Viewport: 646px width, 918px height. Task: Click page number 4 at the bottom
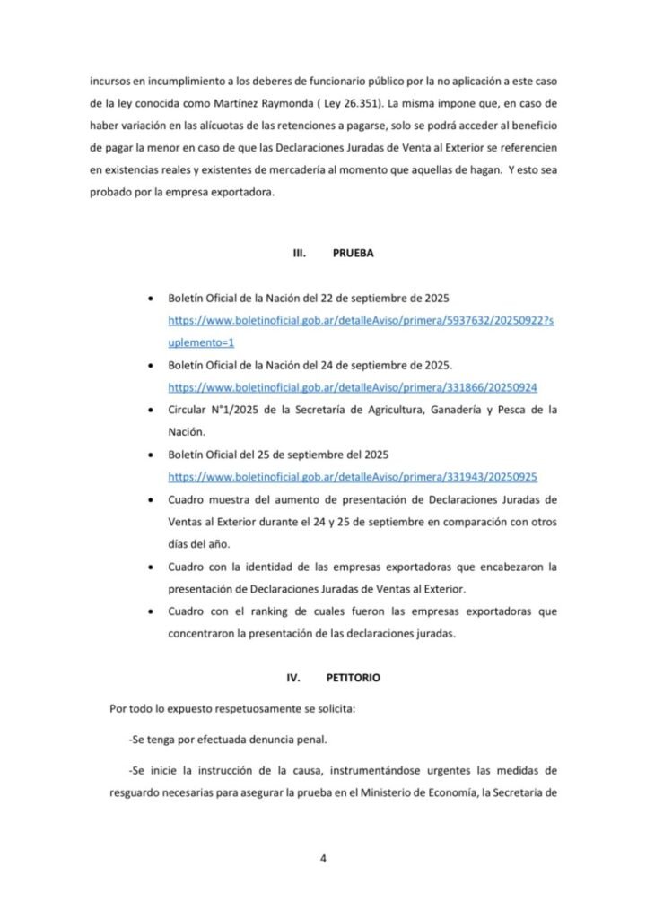pyautogui.click(x=323, y=858)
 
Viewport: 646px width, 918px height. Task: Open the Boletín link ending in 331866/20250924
pyautogui.click(x=352, y=387)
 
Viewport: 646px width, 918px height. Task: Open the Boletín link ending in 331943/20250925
pyautogui.click(x=352, y=476)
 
